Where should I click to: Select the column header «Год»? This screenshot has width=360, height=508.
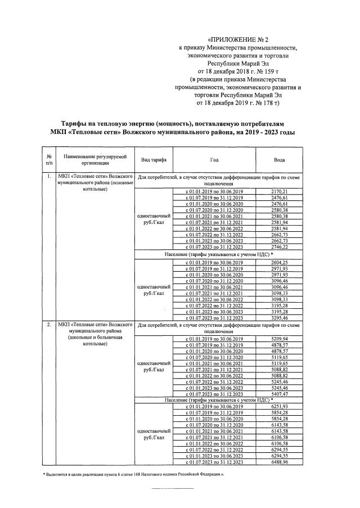pos(214,160)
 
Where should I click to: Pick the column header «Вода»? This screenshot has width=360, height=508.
pos(279,160)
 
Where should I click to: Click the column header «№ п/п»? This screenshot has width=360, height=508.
pos(49,160)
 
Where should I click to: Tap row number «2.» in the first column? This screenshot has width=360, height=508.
pos(49,325)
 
